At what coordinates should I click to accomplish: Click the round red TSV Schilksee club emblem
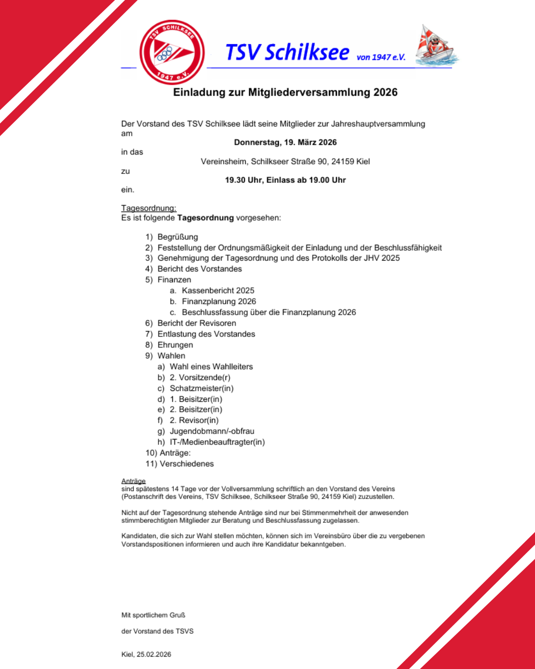172,53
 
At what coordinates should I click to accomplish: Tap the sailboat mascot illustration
435,46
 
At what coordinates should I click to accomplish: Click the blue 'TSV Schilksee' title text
287,53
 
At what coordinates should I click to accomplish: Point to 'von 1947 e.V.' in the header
381,57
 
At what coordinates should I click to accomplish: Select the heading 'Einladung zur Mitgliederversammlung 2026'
285,93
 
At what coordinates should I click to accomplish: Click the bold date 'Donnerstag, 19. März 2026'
285,142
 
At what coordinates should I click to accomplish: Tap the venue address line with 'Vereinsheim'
285,162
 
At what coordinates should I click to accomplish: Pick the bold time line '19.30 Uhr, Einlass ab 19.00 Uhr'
285,180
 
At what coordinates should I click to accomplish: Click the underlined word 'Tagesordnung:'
149,208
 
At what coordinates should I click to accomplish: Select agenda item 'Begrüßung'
177,237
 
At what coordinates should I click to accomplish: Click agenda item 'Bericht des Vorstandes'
200,269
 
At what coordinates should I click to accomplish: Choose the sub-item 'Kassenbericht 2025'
218,290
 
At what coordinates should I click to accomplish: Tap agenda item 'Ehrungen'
175,345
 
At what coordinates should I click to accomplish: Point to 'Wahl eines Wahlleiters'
211,367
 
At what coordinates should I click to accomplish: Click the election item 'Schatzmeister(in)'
202,389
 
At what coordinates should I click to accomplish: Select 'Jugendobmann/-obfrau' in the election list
212,431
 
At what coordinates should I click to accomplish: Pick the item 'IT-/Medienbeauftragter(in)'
217,442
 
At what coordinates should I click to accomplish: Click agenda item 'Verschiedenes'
187,464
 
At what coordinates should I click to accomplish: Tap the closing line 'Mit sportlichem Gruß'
154,615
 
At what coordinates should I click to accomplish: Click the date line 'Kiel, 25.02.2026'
146,654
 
